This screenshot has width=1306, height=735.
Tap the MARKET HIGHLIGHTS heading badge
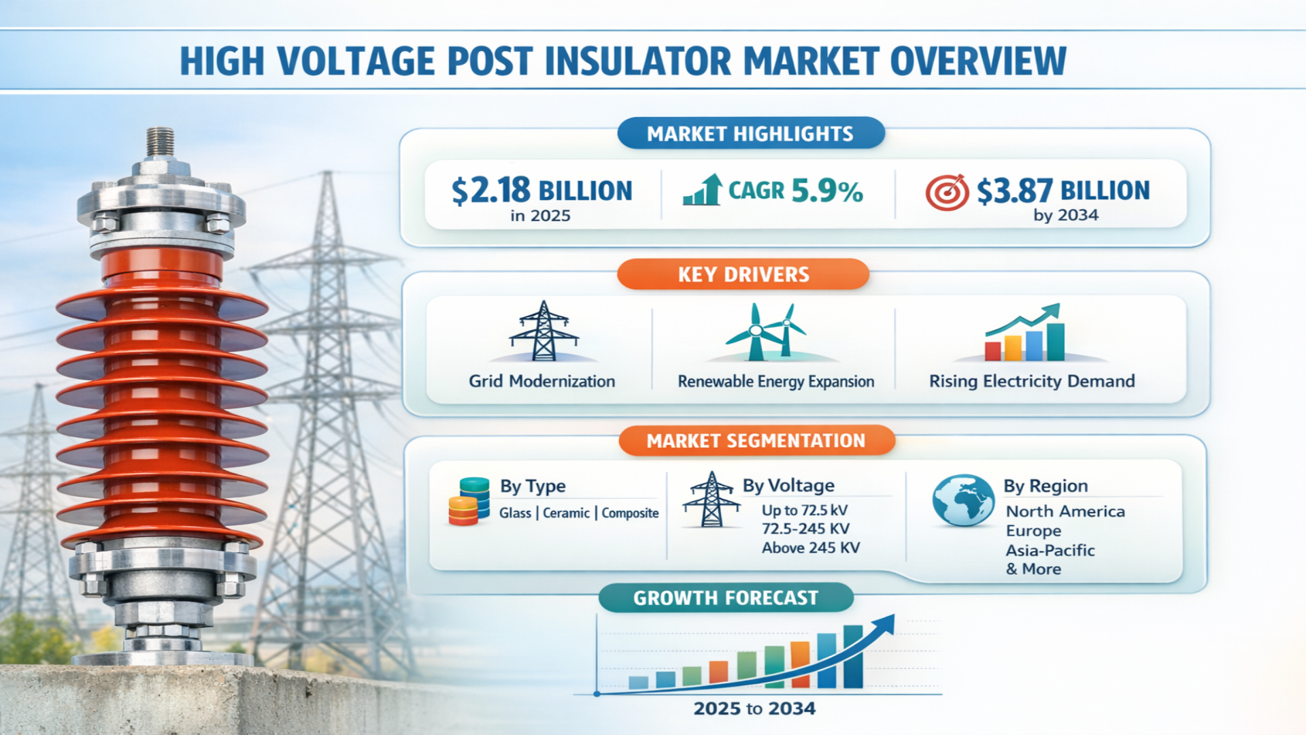pos(751,133)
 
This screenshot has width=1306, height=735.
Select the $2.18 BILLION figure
pos(542,190)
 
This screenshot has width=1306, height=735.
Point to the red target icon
pos(947,193)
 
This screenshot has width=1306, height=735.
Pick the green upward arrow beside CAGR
pos(703,189)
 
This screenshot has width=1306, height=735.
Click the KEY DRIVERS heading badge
pos(743,274)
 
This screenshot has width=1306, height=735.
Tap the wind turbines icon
pos(767,331)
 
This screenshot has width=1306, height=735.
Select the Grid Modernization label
pos(542,381)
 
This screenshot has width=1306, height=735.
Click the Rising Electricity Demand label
pos(1032,381)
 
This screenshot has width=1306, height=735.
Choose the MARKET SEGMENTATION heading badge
pos(756,440)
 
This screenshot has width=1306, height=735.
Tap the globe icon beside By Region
pos(963,500)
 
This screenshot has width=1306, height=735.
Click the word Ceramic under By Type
pos(566,513)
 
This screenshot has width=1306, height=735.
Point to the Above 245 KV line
pos(811,548)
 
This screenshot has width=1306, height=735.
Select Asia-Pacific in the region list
pos(1050,550)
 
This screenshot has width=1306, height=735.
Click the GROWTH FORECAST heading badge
pos(726,598)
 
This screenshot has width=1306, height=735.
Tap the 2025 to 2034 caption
pos(754,708)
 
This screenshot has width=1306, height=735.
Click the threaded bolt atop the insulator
pos(161,142)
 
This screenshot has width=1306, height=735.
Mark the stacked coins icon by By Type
pos(469,502)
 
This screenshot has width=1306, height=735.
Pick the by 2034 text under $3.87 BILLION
pos(1066,215)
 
